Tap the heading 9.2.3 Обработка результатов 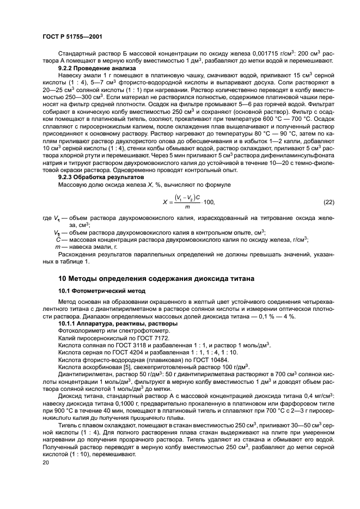[94, 177]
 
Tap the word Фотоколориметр [82, 331]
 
